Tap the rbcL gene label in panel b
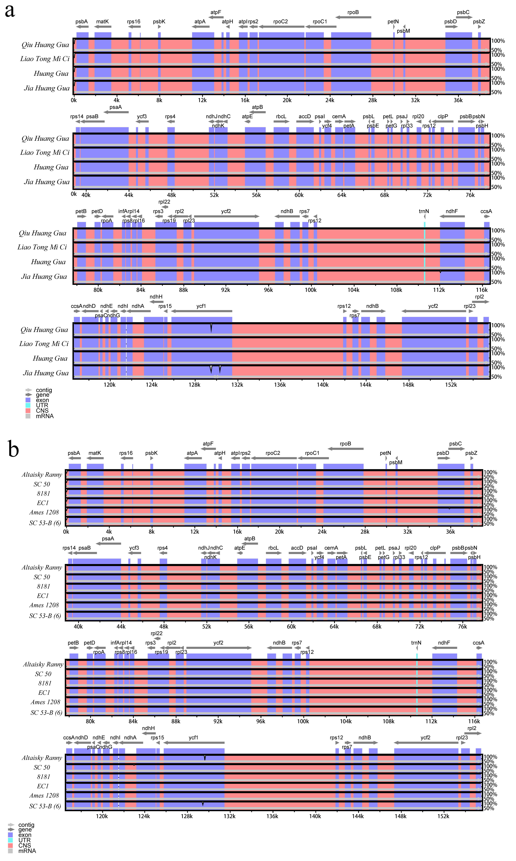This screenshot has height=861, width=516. [x=273, y=548]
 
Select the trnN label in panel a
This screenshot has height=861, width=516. [x=424, y=211]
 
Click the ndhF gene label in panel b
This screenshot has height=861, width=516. [x=444, y=643]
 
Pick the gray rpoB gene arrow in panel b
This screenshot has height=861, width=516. [x=346, y=449]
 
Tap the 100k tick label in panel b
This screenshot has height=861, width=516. [x=303, y=721]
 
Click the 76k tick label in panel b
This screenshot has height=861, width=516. [x=462, y=626]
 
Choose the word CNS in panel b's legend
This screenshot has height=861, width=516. [x=25, y=845]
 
